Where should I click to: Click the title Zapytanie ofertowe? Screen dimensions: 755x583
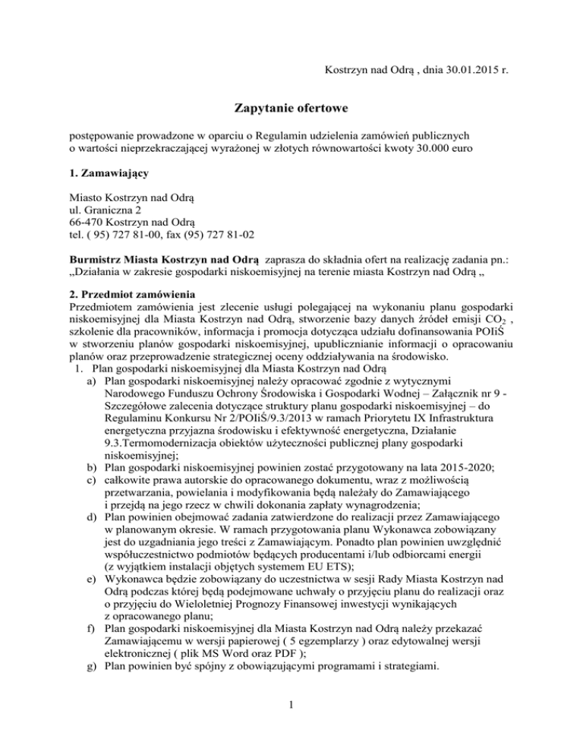(291, 109)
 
